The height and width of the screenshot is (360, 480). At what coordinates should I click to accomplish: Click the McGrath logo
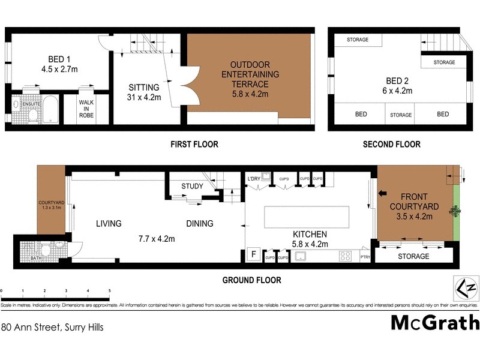(435, 322)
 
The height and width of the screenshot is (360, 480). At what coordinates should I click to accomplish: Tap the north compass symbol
(465, 289)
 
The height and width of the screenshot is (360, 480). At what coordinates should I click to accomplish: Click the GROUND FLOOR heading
(251, 280)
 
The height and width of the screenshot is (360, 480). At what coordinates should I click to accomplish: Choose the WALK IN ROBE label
(87, 110)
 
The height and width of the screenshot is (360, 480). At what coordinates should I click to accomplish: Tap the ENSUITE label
(31, 104)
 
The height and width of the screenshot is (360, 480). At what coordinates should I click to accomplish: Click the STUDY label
(193, 187)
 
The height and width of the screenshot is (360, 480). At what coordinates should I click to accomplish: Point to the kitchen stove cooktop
(346, 256)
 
